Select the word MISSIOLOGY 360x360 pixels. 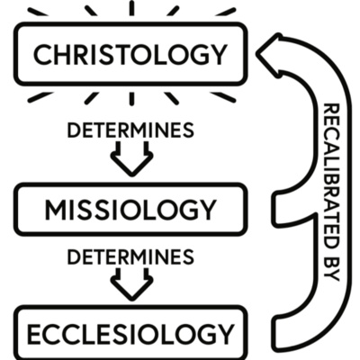tap(130, 211)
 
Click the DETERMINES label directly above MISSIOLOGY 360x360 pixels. tap(130, 130)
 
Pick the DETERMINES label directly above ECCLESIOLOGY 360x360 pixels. tap(130, 258)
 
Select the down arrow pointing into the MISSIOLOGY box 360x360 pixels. tap(130, 160)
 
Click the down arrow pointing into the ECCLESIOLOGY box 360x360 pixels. tap(130, 286)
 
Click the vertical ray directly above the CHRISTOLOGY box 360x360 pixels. tap(130, 8)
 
